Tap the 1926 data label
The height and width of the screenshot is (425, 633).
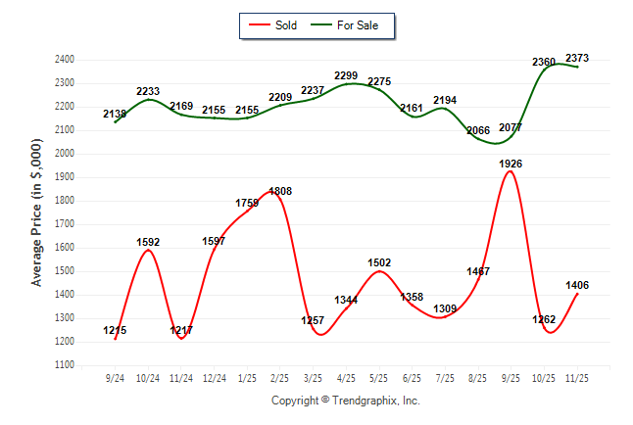510,164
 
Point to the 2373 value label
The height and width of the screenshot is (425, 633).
577,58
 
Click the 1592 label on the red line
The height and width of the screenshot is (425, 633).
147,242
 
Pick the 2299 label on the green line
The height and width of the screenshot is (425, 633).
346,75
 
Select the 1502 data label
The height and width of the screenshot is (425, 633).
379,261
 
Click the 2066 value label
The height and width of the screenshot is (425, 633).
477,130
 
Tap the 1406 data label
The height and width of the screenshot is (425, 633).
577,285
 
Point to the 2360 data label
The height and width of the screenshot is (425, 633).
544,62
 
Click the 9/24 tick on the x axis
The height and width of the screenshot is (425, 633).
115,377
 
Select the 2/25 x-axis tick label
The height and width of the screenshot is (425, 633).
279,377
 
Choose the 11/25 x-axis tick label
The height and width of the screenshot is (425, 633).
577,377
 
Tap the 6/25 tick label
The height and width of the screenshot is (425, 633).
413,377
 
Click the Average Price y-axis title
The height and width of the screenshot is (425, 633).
37,212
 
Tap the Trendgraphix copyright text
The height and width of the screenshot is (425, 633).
345,401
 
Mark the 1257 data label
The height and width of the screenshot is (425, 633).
313,321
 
